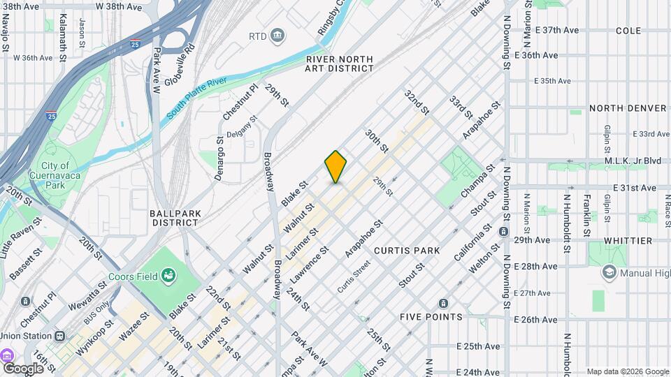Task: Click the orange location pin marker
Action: pos(335,167)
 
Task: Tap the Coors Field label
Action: pos(136,276)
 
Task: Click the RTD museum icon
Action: pos(277,36)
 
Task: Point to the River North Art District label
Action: pos(340,64)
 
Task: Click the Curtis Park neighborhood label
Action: pos(407,250)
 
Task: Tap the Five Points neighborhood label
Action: pos(431,316)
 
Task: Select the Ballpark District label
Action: pos(175,217)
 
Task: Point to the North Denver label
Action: pos(628,108)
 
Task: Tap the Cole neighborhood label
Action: pos(628,31)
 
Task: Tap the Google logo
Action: pos(23,368)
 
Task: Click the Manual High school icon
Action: pos(609,272)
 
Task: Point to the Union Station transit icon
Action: pos(60,336)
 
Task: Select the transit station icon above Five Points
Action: pos(442,303)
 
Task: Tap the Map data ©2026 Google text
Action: pos(627,371)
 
